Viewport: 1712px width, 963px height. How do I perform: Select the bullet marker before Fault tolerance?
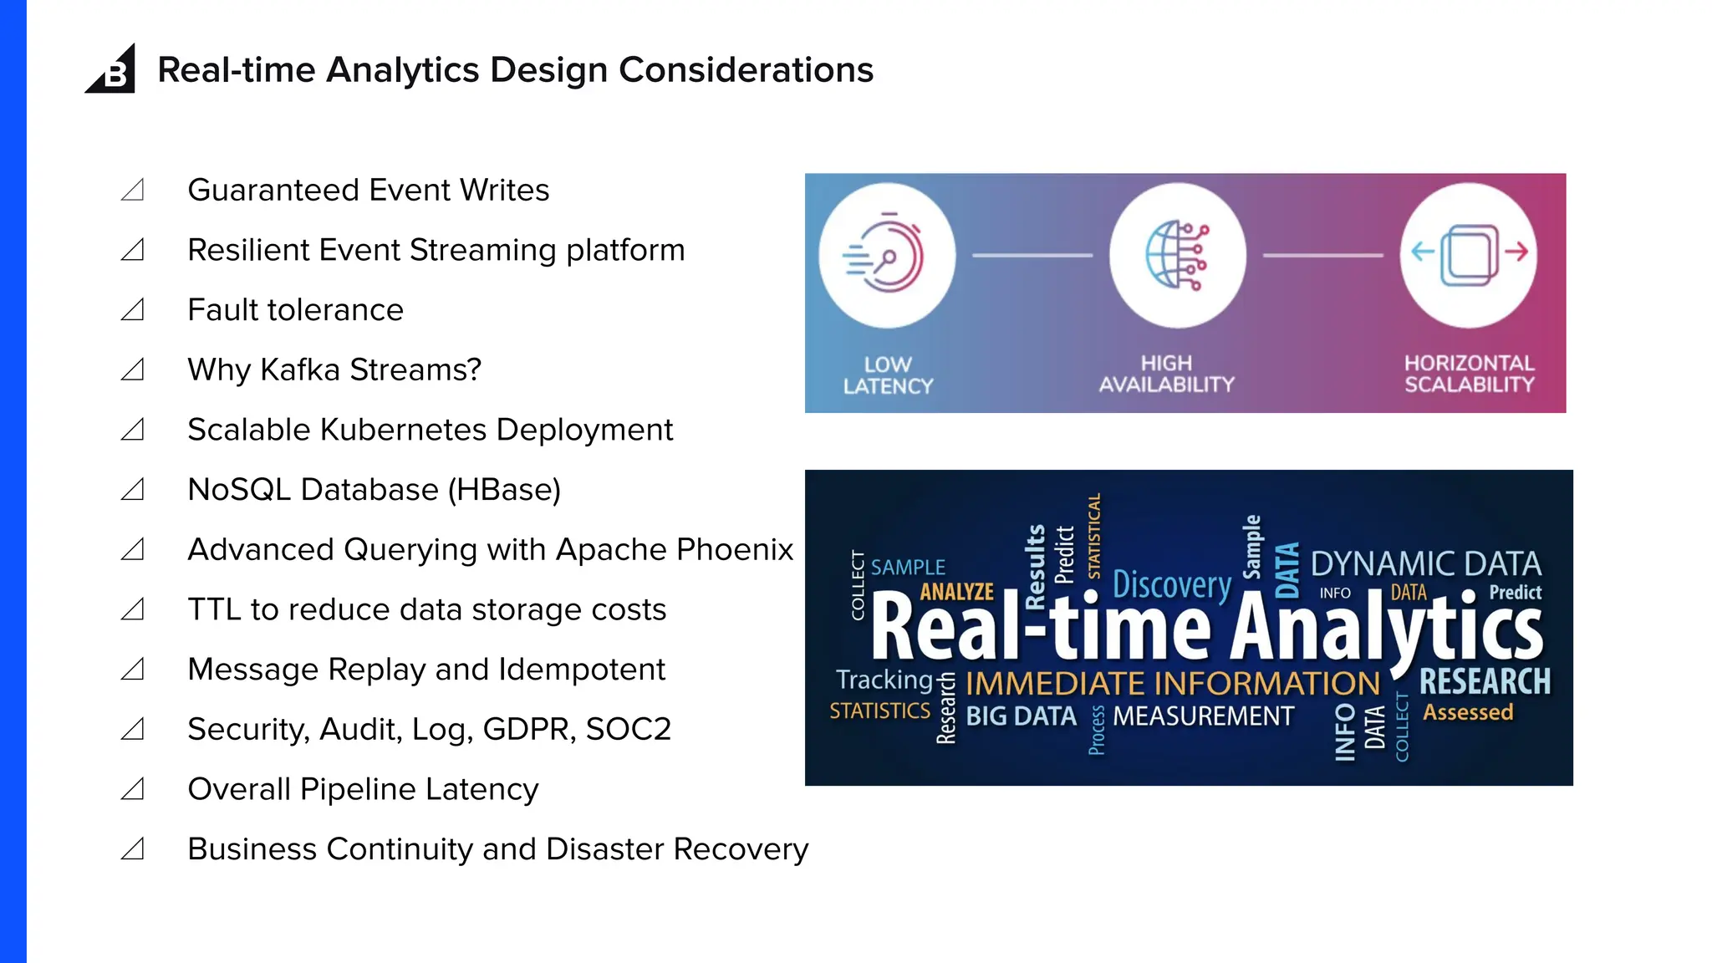coord(133,310)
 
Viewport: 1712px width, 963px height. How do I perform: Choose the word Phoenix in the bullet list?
coord(735,550)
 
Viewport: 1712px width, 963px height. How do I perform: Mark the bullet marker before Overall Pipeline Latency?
coord(133,789)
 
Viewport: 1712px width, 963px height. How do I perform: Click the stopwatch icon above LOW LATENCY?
coord(886,254)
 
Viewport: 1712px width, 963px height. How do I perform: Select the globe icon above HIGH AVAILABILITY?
coord(1177,254)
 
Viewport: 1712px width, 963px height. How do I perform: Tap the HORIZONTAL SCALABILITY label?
coord(1469,374)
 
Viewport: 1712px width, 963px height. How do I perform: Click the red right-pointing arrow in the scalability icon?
coord(1517,251)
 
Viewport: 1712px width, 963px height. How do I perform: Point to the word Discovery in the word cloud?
coord(1172,584)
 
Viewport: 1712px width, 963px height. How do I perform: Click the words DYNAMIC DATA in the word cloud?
coord(1425,564)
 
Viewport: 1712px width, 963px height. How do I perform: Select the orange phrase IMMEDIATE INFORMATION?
coord(1172,684)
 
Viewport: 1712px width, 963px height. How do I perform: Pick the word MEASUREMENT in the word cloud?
coord(1203,716)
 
